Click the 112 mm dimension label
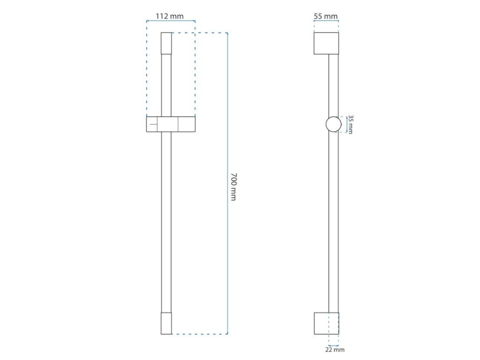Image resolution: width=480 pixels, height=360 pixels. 170,16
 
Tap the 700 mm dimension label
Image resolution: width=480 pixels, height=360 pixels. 233,187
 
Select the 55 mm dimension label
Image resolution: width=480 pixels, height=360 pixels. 326,16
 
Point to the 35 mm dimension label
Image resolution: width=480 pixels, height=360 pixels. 351,124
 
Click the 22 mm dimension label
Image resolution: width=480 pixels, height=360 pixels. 335,350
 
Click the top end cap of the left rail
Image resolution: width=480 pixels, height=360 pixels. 166,43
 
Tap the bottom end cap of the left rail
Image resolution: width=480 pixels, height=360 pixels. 166,323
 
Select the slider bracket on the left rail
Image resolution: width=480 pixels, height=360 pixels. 171,124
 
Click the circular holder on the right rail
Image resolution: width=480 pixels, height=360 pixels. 333,125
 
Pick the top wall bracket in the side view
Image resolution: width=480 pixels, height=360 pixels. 326,43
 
